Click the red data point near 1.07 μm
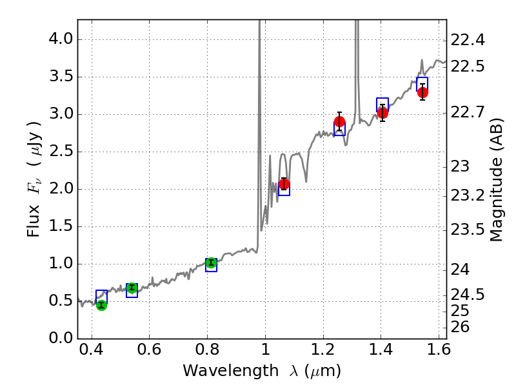coord(284,184)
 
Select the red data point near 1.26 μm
coord(339,122)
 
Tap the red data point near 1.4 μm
coord(382,113)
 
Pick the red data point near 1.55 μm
coord(422,92)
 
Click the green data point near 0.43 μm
coord(101,305)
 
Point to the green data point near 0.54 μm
coord(132,288)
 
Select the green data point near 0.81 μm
coord(211,263)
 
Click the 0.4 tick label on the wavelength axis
coord(92,352)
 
